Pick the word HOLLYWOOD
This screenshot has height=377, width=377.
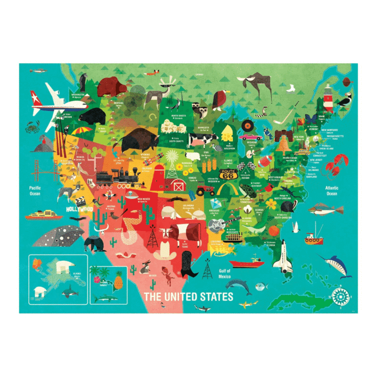point(80,209)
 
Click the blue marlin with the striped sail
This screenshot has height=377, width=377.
point(335,264)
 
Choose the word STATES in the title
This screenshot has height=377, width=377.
point(209,297)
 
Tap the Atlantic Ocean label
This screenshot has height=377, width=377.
point(332,191)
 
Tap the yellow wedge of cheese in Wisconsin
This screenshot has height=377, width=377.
point(226,134)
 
